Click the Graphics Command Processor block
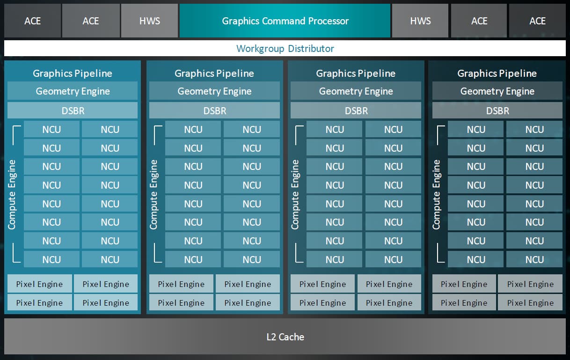285,21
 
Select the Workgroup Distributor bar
285,49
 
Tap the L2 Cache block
285,337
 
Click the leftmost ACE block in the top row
32,21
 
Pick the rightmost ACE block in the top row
537,21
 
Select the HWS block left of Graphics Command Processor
149,21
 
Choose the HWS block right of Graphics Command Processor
420,21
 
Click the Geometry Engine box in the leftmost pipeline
73,91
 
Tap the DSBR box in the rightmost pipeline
497,111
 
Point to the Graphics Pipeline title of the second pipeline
214,73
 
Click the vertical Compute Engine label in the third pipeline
295,194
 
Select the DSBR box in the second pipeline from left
214,111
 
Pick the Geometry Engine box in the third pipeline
356,91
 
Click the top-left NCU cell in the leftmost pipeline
51,130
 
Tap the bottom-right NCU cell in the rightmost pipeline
534,259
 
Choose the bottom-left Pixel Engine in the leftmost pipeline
39,303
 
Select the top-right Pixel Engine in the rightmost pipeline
530,284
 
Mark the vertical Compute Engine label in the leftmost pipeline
12,194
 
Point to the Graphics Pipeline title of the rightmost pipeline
497,73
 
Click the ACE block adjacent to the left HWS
91,21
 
